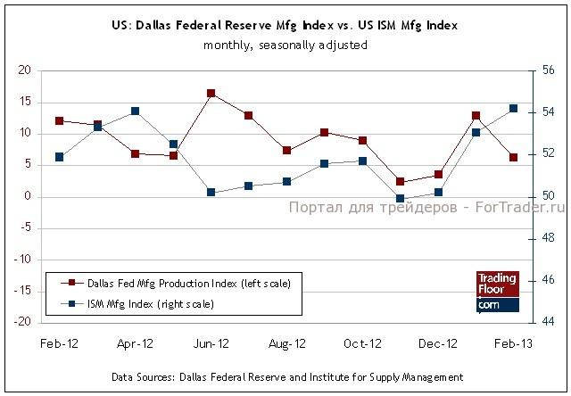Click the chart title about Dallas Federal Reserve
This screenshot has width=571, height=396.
click(x=285, y=26)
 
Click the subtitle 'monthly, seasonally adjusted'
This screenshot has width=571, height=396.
click(x=285, y=45)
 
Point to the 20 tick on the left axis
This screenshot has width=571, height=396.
click(x=25, y=70)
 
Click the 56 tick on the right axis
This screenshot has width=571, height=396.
click(x=548, y=70)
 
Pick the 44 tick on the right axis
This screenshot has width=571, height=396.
click(x=548, y=322)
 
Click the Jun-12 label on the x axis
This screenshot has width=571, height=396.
click(x=210, y=342)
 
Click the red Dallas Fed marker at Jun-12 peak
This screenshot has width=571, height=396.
click(x=211, y=93)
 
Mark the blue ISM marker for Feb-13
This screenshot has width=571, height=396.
click(x=513, y=109)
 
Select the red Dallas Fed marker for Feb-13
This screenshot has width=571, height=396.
click(x=513, y=158)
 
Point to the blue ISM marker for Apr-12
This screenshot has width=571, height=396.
click(x=135, y=111)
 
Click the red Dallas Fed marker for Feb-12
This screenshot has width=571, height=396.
click(x=59, y=120)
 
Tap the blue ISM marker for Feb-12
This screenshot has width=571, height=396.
click(x=59, y=157)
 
